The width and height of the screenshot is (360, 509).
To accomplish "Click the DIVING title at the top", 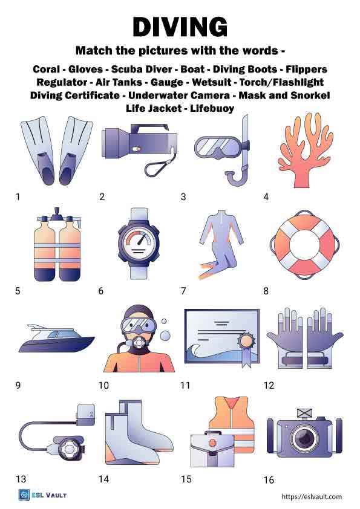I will (180, 27).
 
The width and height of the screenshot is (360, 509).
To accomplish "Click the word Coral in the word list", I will (48, 69).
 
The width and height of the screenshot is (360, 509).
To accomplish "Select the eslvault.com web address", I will (312, 496).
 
